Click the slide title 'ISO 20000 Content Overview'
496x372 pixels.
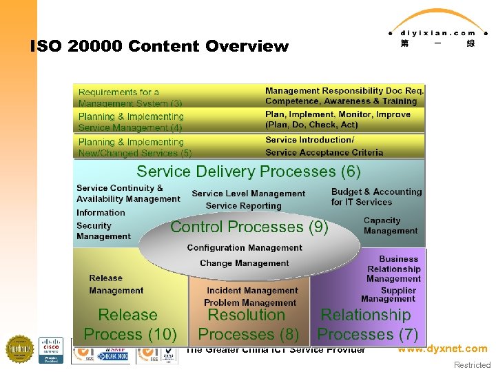click(159, 47)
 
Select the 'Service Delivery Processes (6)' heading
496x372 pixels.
click(248, 171)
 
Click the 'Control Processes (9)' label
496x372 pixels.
click(249, 227)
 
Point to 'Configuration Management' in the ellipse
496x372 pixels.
click(245, 248)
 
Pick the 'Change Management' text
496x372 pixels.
click(245, 263)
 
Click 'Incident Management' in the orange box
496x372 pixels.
click(252, 291)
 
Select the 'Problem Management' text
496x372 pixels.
click(250, 302)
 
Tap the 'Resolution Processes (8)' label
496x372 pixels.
click(248, 324)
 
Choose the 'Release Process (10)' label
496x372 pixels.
click(130, 324)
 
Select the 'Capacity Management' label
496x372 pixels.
click(391, 226)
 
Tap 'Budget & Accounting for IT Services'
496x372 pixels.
click(375, 197)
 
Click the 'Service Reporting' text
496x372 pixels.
click(243, 205)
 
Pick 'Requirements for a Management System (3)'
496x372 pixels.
click(130, 97)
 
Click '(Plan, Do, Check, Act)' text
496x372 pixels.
click(311, 125)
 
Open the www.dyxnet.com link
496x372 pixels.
click(442, 349)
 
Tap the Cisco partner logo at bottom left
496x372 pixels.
click(50, 350)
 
